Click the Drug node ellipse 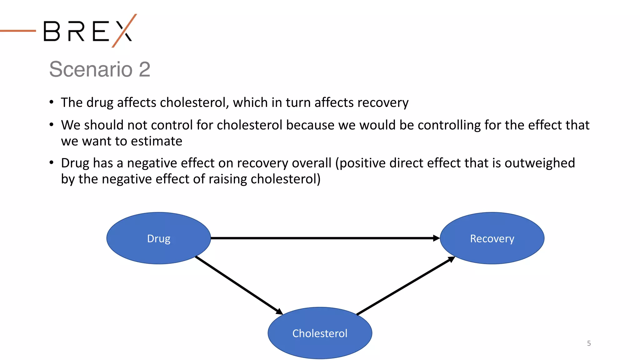(x=158, y=238)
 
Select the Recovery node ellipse (x=492, y=238)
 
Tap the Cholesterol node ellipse (x=320, y=333)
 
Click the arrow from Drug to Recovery (x=325, y=238)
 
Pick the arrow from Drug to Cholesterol (x=239, y=285)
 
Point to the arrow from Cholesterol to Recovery (x=406, y=285)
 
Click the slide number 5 (x=589, y=343)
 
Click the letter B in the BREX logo (x=52, y=31)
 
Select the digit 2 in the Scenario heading (x=144, y=69)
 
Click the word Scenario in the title (x=91, y=69)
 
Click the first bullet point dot (x=52, y=102)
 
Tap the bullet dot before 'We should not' (x=52, y=125)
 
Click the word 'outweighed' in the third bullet (x=540, y=163)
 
